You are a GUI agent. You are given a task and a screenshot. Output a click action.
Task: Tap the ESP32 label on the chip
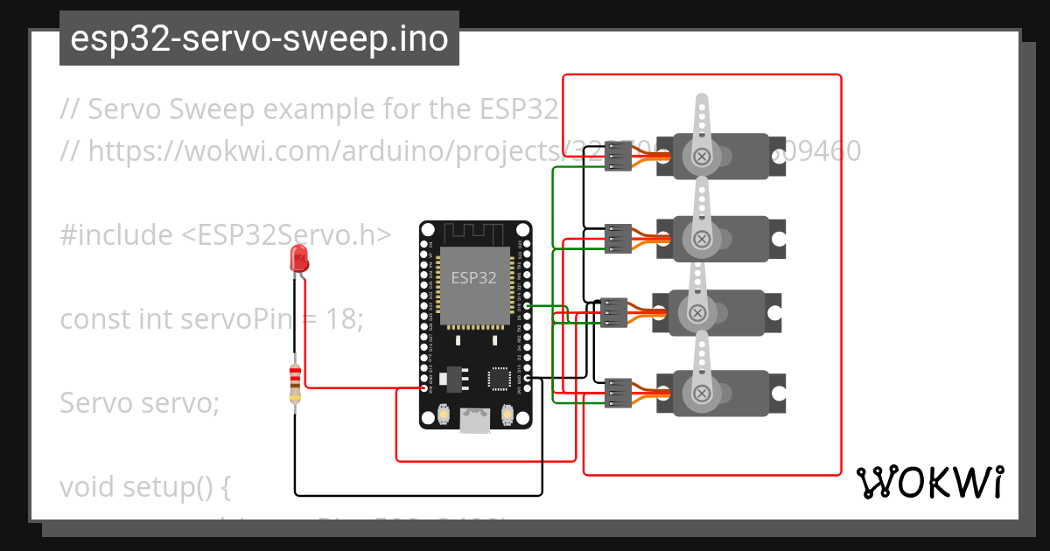[473, 278]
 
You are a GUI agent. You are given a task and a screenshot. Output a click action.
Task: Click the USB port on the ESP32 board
[475, 420]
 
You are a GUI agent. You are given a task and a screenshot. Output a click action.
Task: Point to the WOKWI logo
[929, 482]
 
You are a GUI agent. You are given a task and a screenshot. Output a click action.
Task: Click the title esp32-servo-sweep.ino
[259, 39]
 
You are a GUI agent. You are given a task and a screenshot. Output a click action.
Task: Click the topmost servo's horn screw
[702, 157]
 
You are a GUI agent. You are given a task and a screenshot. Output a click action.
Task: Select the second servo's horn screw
[702, 238]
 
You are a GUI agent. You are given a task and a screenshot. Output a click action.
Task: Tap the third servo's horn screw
[697, 313]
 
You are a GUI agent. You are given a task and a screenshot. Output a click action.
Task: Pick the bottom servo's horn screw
[701, 394]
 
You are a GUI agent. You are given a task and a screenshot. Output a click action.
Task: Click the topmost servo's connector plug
[619, 157]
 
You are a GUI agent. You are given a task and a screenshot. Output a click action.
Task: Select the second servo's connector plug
[619, 238]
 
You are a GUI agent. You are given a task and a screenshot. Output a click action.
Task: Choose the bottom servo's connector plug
[618, 393]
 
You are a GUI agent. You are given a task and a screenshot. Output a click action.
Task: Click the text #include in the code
[116, 235]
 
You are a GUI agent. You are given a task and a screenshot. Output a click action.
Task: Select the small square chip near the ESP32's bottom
[499, 378]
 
